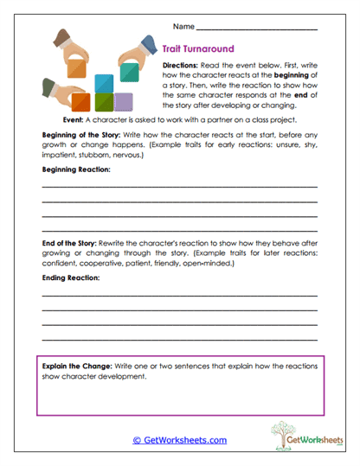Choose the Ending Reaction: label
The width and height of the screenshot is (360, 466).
71,278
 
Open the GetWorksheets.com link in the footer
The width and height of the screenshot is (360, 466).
180,440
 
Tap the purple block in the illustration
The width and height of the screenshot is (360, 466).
125,102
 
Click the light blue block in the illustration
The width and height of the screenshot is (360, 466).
105,83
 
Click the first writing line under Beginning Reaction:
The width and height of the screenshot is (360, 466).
179,187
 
